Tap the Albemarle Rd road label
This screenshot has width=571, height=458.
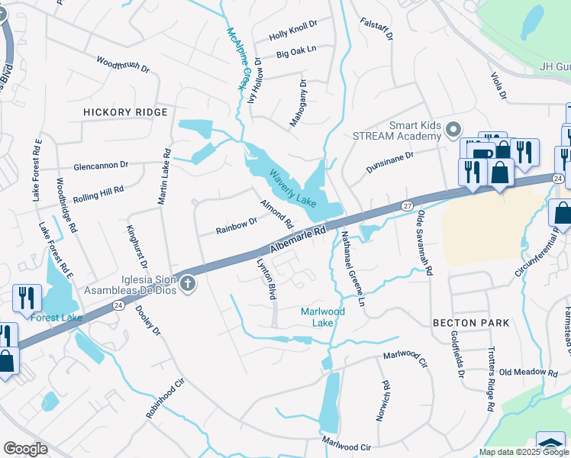(x=298, y=238)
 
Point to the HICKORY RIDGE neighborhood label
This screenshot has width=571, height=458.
(x=125, y=112)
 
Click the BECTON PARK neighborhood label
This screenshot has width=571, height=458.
(x=471, y=323)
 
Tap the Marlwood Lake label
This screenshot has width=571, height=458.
(x=322, y=317)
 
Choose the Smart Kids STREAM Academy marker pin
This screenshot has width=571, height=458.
(x=454, y=129)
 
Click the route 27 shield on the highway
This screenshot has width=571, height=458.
(x=408, y=206)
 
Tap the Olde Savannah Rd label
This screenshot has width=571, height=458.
(x=424, y=244)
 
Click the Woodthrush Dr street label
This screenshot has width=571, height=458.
(x=123, y=63)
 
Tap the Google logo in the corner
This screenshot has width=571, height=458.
(x=25, y=449)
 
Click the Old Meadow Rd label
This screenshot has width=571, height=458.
(x=528, y=373)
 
